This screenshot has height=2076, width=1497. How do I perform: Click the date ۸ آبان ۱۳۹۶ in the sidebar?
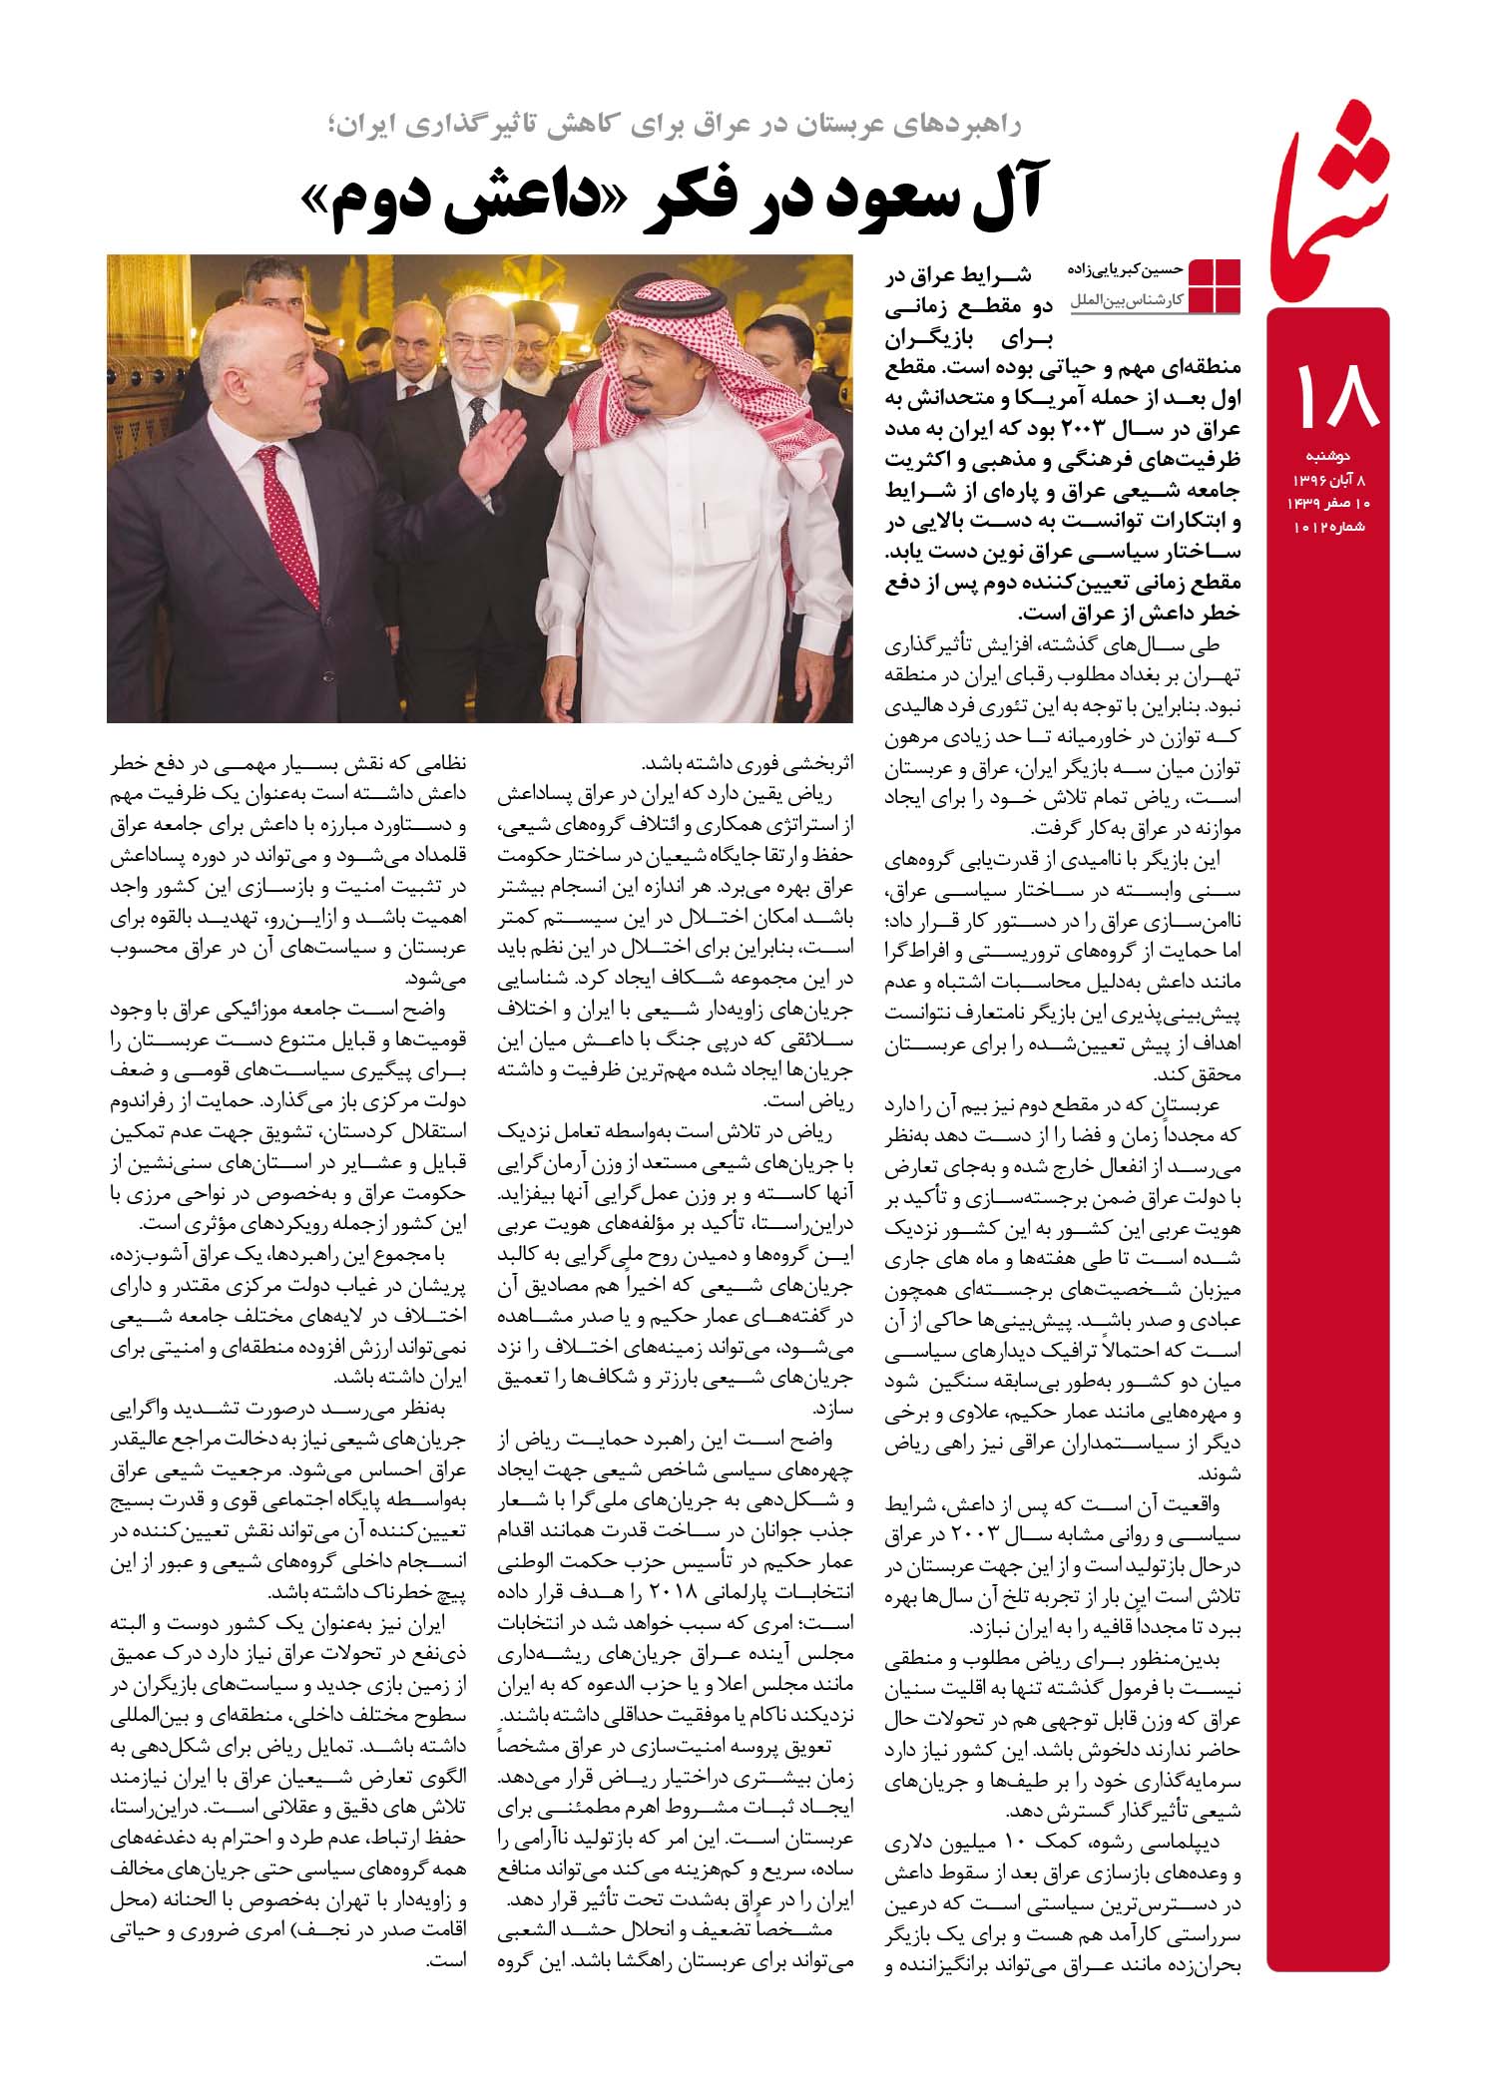[x=1336, y=483]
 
